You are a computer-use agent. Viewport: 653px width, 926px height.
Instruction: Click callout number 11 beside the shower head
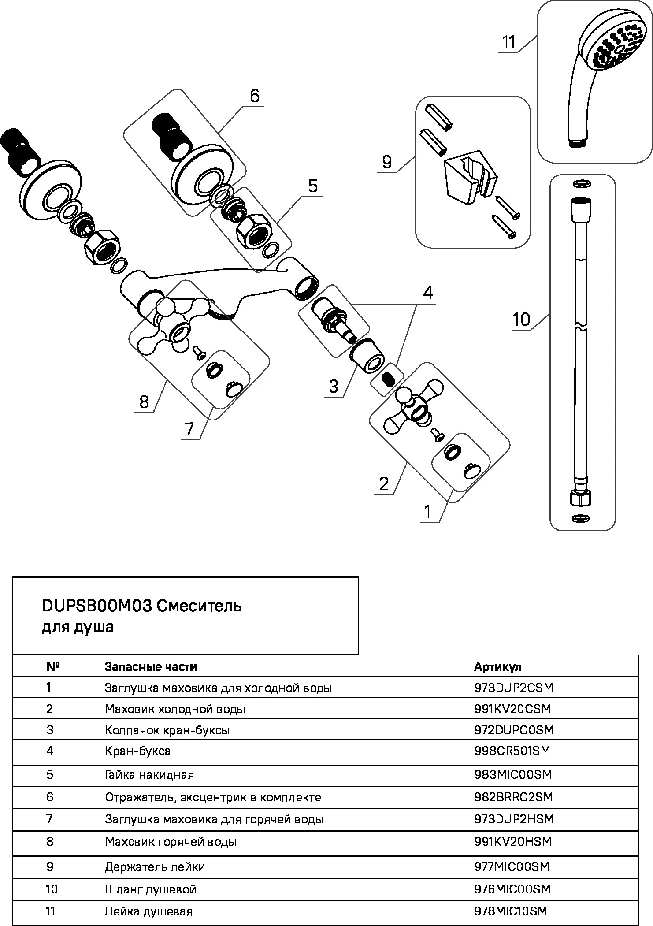[x=508, y=43]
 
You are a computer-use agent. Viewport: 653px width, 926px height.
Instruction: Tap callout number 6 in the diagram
[x=255, y=96]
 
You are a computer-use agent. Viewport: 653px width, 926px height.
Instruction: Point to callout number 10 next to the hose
[x=521, y=319]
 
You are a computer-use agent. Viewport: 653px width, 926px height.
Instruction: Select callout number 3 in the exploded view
[x=334, y=387]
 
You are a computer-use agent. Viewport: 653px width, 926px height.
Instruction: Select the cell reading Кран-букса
[x=137, y=751]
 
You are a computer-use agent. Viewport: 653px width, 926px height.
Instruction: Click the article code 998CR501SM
[x=512, y=751]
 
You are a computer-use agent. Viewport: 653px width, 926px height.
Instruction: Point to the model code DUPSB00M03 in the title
[x=97, y=606]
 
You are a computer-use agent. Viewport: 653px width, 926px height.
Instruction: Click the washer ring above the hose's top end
[x=582, y=184]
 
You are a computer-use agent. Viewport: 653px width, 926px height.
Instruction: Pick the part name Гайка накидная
[x=149, y=774]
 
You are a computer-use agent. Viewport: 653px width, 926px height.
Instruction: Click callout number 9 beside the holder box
[x=387, y=162]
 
